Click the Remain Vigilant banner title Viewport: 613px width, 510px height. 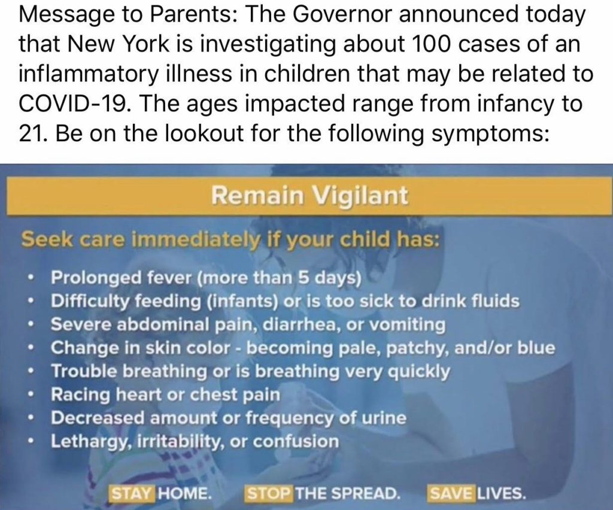[309, 195]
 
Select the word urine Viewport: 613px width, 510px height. [383, 418]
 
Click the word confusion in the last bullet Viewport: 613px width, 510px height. [296, 442]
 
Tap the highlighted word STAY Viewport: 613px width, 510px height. [132, 494]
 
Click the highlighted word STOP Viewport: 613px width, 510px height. [268, 494]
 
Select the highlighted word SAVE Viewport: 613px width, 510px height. [451, 494]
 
